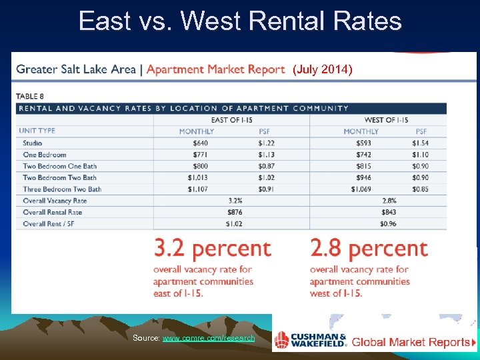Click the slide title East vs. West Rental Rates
click(240, 21)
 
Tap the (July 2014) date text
click(323, 69)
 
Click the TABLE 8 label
click(31, 96)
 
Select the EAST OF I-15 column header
click(231, 119)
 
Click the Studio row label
click(33, 143)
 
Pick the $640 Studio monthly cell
click(200, 143)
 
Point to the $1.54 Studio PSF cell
click(420, 143)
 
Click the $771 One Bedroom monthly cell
click(200, 155)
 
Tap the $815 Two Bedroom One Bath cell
click(361, 166)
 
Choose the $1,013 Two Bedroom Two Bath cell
click(198, 178)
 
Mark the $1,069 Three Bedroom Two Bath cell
click(360, 189)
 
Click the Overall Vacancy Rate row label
click(55, 201)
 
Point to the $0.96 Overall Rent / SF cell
click(389, 223)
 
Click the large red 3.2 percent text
click(213, 249)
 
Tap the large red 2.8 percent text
click(369, 249)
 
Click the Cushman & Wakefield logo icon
click(283, 340)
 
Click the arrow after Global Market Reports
click(473, 343)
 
